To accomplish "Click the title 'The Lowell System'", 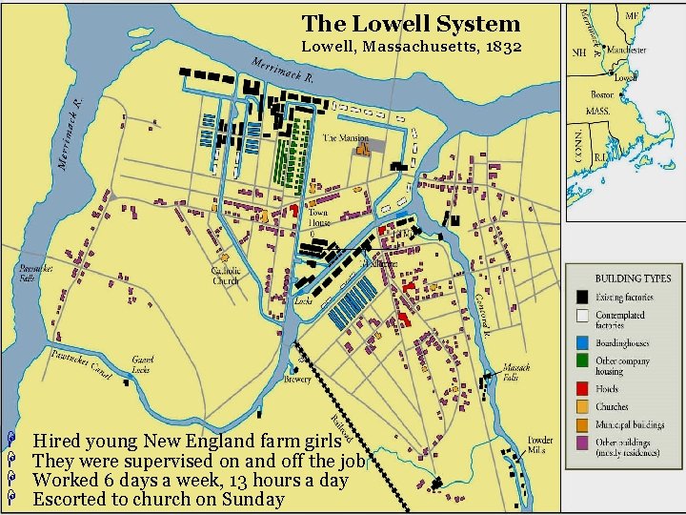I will pyautogui.click(x=411, y=24).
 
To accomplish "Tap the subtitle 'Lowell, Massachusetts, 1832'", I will pyautogui.click(x=411, y=46).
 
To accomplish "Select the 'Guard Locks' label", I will pyautogui.click(x=143, y=364).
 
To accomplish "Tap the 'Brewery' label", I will pyautogui.click(x=297, y=379).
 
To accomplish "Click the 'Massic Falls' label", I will pyautogui.click(x=517, y=371).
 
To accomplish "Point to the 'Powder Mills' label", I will pyautogui.click(x=540, y=445).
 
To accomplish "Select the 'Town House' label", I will pyautogui.click(x=317, y=218).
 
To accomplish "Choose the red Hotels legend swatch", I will pyautogui.click(x=580, y=388).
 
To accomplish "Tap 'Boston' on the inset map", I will pyautogui.click(x=601, y=94).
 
